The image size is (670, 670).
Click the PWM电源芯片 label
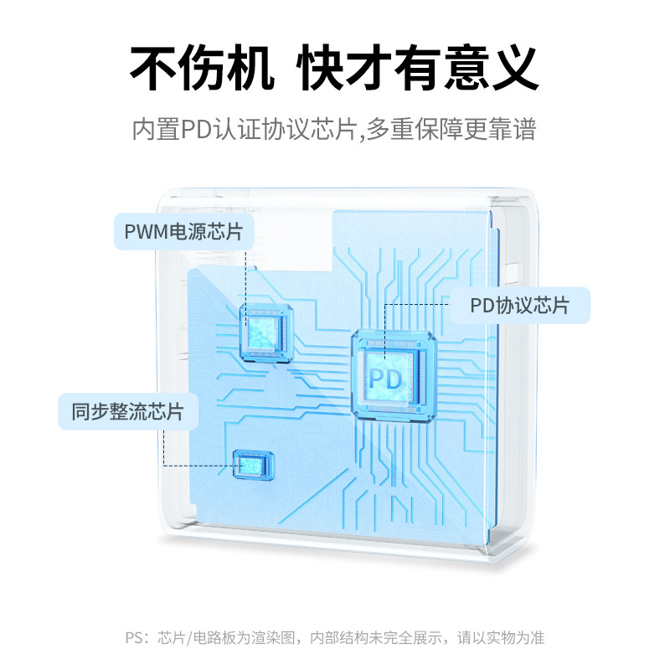(183, 232)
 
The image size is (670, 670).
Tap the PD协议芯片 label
(519, 306)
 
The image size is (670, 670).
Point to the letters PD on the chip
(386, 377)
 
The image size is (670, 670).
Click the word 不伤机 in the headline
(202, 67)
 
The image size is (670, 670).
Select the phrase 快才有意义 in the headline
(418, 67)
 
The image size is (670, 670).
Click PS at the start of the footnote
(134, 638)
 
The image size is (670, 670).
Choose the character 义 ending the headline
(512, 67)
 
